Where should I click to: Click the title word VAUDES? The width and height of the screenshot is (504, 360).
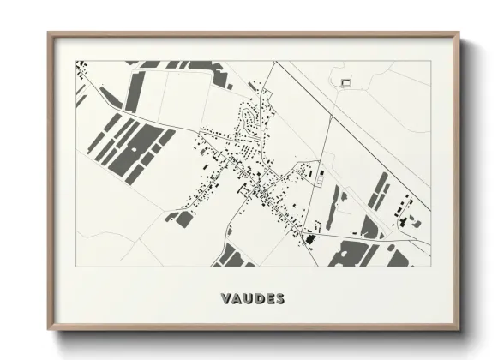click(252, 299)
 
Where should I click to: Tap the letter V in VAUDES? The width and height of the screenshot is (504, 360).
click(225, 299)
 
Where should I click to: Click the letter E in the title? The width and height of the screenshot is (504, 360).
click(269, 299)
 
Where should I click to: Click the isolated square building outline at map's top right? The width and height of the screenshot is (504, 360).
click(346, 82)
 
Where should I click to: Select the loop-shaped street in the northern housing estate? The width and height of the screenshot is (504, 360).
click(249, 120)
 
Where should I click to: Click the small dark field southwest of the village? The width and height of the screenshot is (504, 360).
click(184, 219)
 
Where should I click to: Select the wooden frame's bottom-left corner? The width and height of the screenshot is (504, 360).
click(50, 328)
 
